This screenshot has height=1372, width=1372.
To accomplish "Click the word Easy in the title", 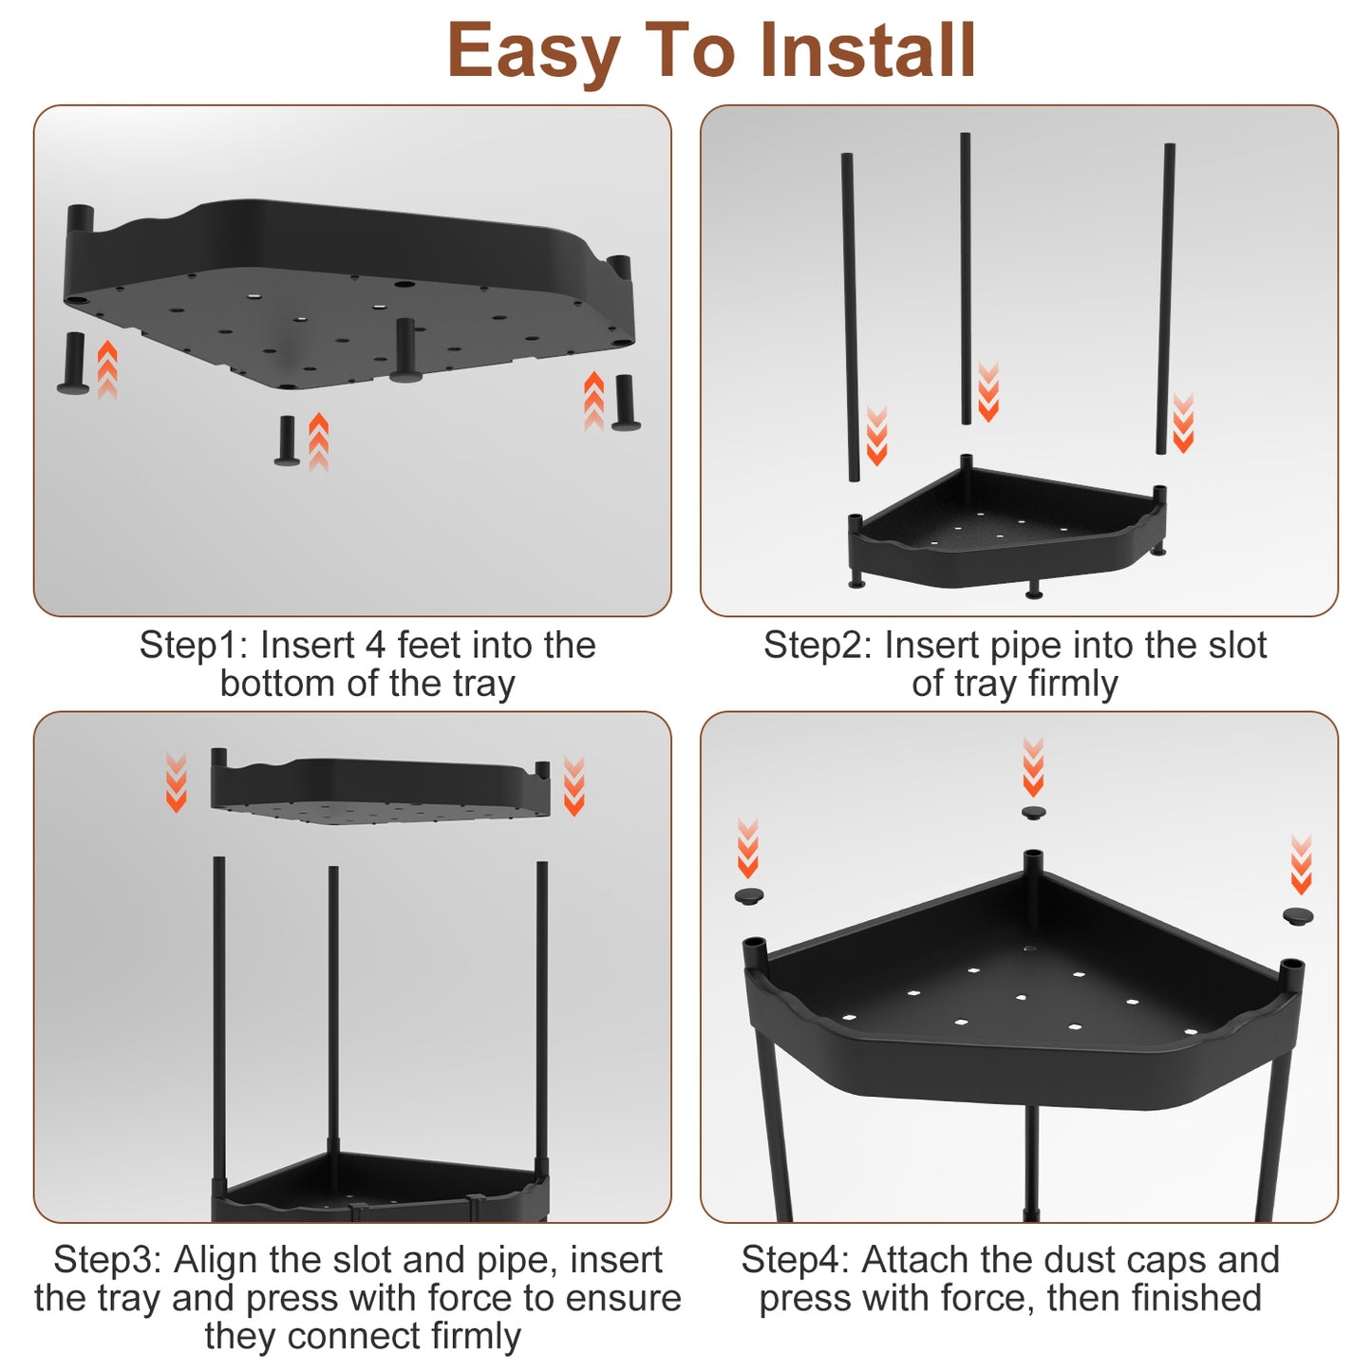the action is [x=534, y=51].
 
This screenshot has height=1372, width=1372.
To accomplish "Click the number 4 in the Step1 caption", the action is [x=374, y=646].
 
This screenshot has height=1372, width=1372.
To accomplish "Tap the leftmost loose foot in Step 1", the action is [x=71, y=362].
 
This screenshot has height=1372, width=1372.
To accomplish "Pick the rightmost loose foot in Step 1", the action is [x=625, y=403].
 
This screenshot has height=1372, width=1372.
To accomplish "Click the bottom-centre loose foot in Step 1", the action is [x=287, y=441].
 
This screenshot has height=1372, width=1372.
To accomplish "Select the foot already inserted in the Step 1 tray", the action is [x=404, y=350].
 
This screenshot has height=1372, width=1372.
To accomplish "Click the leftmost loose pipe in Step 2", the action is [x=850, y=317].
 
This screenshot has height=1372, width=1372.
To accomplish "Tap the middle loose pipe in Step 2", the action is [x=966, y=278].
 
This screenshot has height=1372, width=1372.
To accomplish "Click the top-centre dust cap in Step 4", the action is [x=1033, y=813].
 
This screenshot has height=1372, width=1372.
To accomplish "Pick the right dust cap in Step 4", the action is [x=1298, y=915].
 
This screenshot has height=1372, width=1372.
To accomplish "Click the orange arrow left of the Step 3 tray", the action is [x=176, y=781].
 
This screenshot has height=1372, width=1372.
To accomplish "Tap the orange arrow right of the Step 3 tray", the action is [x=573, y=785].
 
